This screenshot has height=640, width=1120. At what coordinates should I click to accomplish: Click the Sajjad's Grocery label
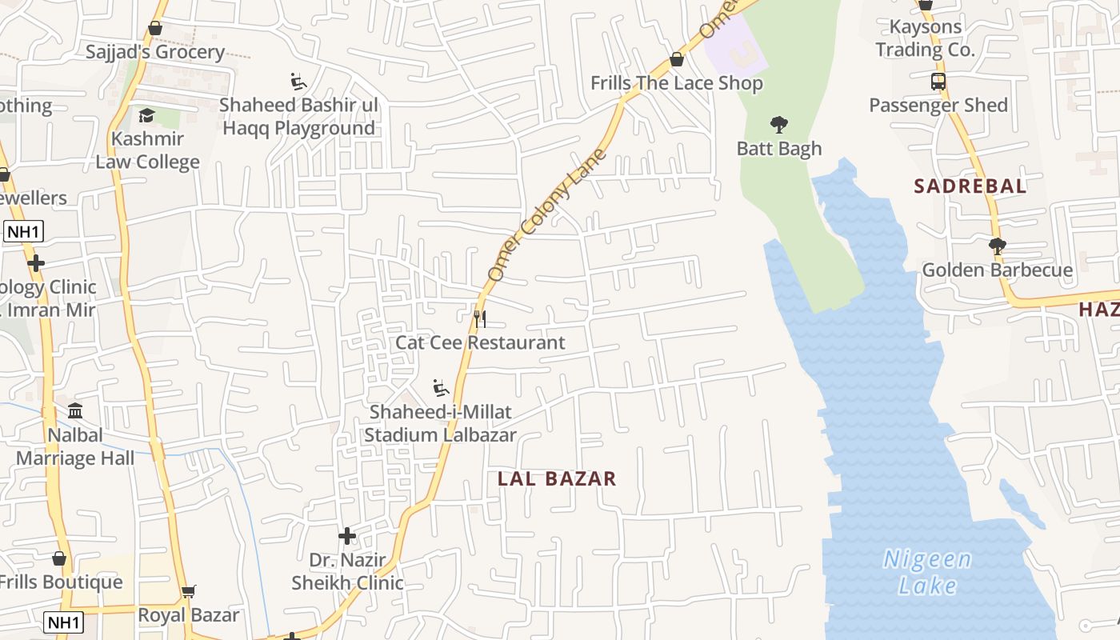pos(155,52)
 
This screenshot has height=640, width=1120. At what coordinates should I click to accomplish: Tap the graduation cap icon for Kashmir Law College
pos(146,116)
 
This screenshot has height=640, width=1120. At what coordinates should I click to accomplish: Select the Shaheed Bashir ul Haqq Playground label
pos(298,117)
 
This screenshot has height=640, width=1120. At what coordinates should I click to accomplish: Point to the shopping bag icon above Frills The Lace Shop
pos(677,59)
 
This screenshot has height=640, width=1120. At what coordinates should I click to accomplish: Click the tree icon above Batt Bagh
pos(778,125)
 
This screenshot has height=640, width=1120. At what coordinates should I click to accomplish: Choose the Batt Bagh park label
pos(778,149)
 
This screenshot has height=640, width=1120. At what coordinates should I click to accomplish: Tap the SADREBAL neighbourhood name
pos(970,186)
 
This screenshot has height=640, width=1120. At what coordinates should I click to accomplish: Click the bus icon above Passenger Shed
pos(938,82)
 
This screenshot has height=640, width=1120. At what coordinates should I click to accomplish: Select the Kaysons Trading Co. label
pos(925,38)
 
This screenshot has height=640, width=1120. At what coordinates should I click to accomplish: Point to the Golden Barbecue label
pos(997,270)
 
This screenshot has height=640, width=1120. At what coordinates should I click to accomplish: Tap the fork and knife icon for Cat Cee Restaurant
pos(480,319)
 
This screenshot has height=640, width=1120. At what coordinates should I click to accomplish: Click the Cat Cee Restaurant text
pos(480,342)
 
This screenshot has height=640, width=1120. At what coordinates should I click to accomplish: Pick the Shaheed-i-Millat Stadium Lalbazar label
pos(440,424)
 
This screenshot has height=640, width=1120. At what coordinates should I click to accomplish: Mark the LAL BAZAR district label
pos(557,478)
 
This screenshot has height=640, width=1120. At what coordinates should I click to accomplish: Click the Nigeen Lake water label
pos(928,572)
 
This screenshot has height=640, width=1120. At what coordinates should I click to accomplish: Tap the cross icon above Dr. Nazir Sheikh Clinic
pos(347,535)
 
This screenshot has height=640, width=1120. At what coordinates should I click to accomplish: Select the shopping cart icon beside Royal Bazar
pos(188,592)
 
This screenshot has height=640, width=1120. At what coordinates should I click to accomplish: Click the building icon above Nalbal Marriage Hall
pos(75,411)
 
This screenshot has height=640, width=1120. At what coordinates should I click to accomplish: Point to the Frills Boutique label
pos(61,582)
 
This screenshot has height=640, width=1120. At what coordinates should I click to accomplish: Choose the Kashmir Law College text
pos(147,150)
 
